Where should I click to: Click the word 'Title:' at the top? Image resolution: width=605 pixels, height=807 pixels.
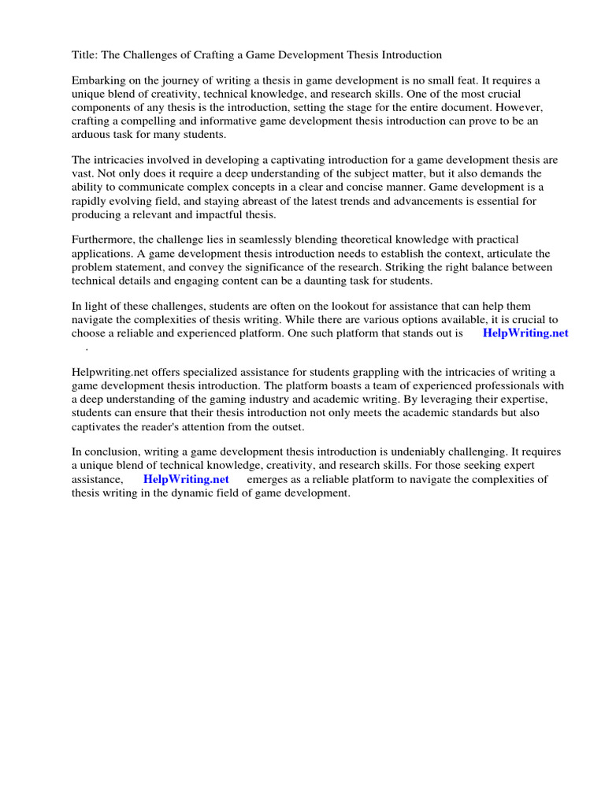[85, 54]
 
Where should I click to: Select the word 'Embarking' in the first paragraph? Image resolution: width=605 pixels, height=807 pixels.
[98, 81]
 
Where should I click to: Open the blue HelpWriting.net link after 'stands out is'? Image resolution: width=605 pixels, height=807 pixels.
[525, 333]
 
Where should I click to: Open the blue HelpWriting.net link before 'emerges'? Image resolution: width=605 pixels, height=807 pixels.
[186, 479]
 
